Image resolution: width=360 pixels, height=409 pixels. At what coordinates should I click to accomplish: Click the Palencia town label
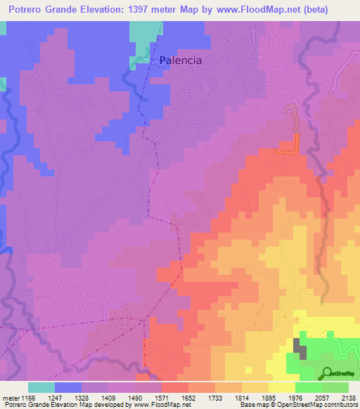[x=180, y=60]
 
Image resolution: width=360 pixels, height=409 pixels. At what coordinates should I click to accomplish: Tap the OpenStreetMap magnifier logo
[x=327, y=372]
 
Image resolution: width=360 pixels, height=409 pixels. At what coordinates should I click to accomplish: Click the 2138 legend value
[x=348, y=397]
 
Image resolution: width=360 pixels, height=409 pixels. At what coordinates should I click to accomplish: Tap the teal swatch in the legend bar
[x=41, y=387]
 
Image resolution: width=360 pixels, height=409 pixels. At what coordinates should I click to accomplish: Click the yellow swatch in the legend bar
[x=281, y=387]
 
